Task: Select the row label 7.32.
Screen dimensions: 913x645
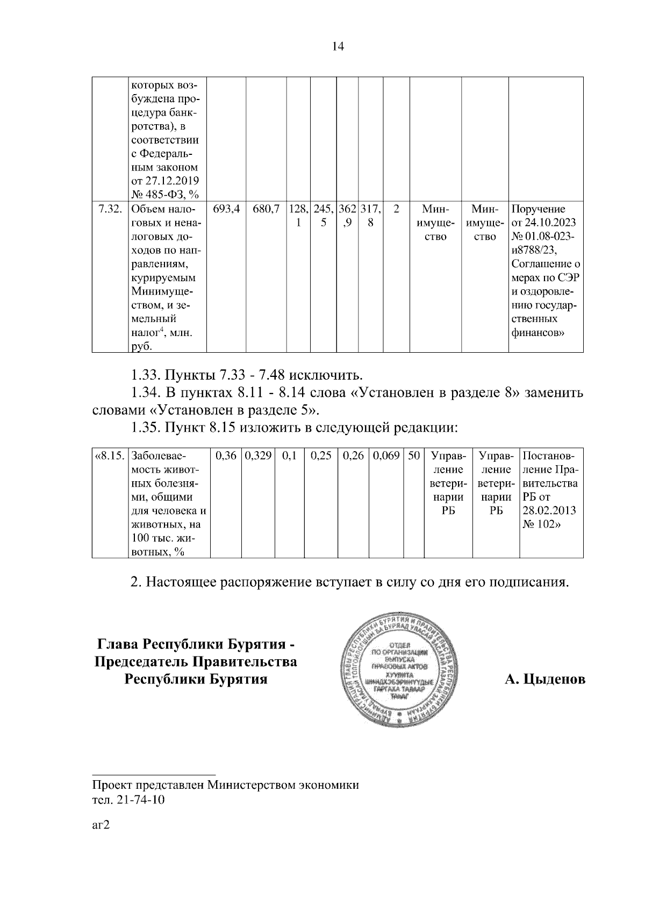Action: click(x=110, y=209)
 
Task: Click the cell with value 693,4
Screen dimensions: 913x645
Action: click(x=226, y=209)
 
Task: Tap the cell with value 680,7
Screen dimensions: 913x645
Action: click(x=266, y=209)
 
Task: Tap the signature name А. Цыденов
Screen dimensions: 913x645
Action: click(x=544, y=680)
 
